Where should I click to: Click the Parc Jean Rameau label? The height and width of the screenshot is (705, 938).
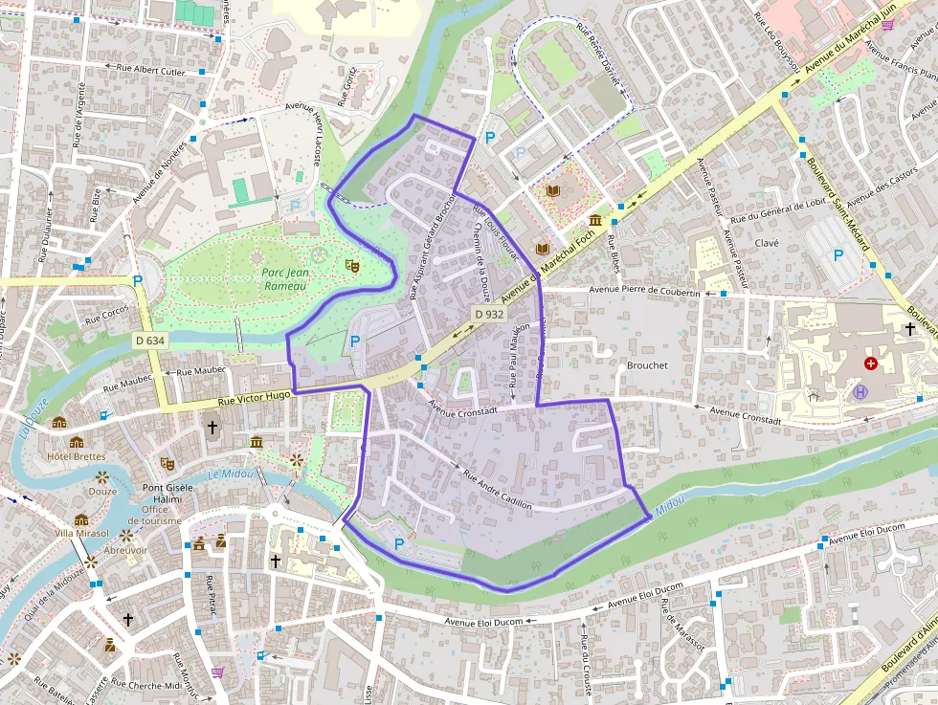284,278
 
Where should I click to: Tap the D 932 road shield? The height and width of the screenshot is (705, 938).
488,314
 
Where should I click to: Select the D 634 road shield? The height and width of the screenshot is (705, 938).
150,340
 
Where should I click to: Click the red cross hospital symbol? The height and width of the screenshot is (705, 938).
870,364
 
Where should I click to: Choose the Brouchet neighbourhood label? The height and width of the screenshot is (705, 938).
647,365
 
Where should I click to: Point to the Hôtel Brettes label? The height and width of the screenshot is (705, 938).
77,456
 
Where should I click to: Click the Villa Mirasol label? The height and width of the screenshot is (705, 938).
81,533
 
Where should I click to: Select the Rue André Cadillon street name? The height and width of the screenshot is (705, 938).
497,488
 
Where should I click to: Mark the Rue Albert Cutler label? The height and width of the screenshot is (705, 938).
150,70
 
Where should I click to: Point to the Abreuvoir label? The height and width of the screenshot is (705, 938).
125,550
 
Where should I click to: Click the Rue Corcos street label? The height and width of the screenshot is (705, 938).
107,313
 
